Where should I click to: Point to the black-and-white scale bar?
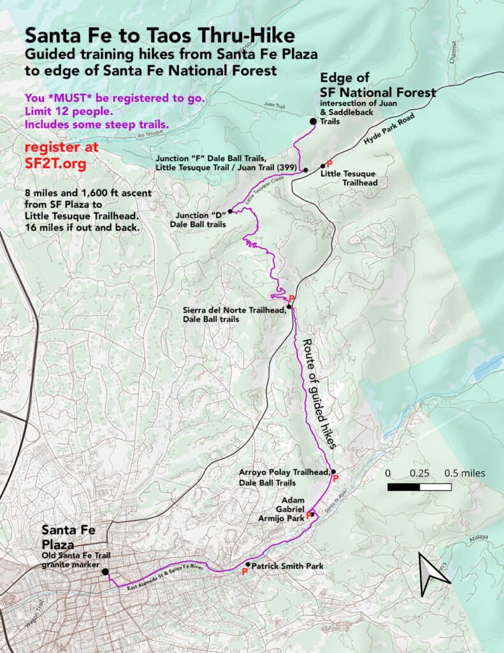419,487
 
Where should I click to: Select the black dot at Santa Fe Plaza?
104,572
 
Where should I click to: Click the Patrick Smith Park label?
287,566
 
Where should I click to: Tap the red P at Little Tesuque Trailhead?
329,163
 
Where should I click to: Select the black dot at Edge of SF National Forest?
313,122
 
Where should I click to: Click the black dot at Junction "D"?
229,211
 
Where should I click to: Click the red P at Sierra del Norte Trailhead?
291,298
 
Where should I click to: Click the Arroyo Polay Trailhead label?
285,477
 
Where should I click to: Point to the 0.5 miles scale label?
464,473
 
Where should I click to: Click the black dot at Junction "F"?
306,170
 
